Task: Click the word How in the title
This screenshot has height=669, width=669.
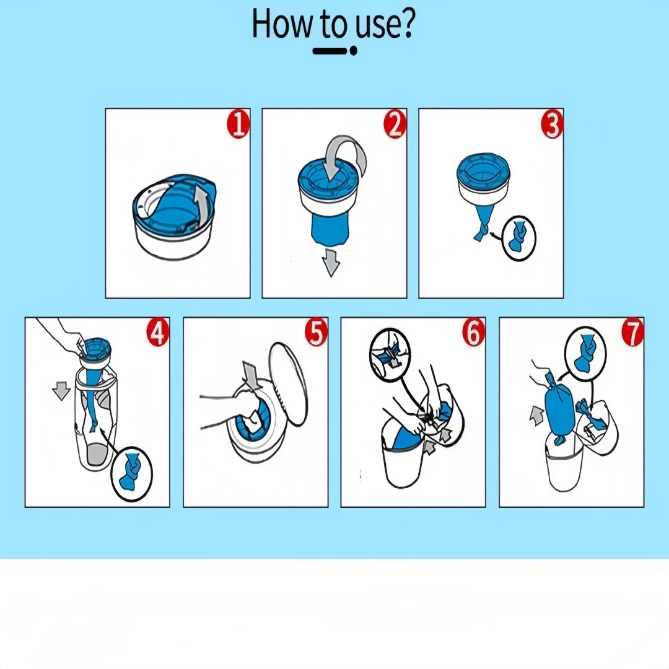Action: point(282,24)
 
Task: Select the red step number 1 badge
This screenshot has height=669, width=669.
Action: point(238,124)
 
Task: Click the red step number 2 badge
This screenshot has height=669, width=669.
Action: point(395,124)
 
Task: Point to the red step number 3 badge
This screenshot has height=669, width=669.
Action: point(552,124)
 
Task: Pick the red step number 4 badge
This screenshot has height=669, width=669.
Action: point(158,333)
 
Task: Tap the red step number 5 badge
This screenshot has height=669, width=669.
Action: point(316,333)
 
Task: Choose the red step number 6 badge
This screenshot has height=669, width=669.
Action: point(474,333)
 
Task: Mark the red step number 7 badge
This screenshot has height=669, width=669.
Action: point(632,333)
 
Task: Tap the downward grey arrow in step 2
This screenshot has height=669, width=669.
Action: point(331,263)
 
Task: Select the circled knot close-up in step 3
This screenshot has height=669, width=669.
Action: point(519,238)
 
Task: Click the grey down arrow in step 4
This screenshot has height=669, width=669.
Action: point(61,391)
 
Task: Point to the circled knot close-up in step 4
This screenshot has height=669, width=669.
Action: point(131,474)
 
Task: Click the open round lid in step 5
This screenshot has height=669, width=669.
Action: point(289,383)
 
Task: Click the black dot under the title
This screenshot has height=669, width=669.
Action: point(353,51)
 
